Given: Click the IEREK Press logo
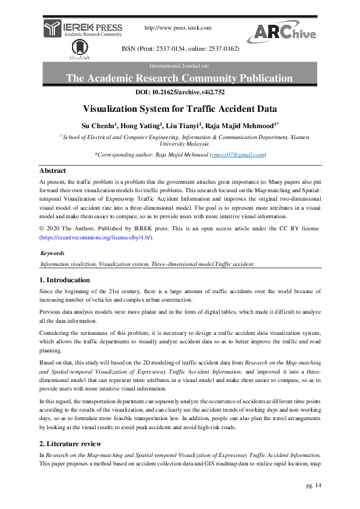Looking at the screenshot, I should pyautogui.click(x=83, y=28).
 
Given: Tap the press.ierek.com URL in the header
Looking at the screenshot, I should pyautogui.click(x=178, y=28).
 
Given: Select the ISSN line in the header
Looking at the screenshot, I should pyautogui.click(x=180, y=48).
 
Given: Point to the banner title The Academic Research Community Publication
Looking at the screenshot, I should pyautogui.click(x=179, y=78).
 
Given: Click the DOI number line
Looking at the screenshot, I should pyautogui.click(x=179, y=92).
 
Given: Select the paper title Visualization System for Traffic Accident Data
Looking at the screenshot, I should pyautogui.click(x=180, y=109).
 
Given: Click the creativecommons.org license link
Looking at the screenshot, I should pyautogui.click(x=96, y=238).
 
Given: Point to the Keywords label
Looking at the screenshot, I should pyautogui.click(x=52, y=253).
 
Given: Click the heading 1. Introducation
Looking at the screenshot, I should pyautogui.click(x=65, y=280).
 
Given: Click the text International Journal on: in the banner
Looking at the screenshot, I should pyautogui.click(x=179, y=64).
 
